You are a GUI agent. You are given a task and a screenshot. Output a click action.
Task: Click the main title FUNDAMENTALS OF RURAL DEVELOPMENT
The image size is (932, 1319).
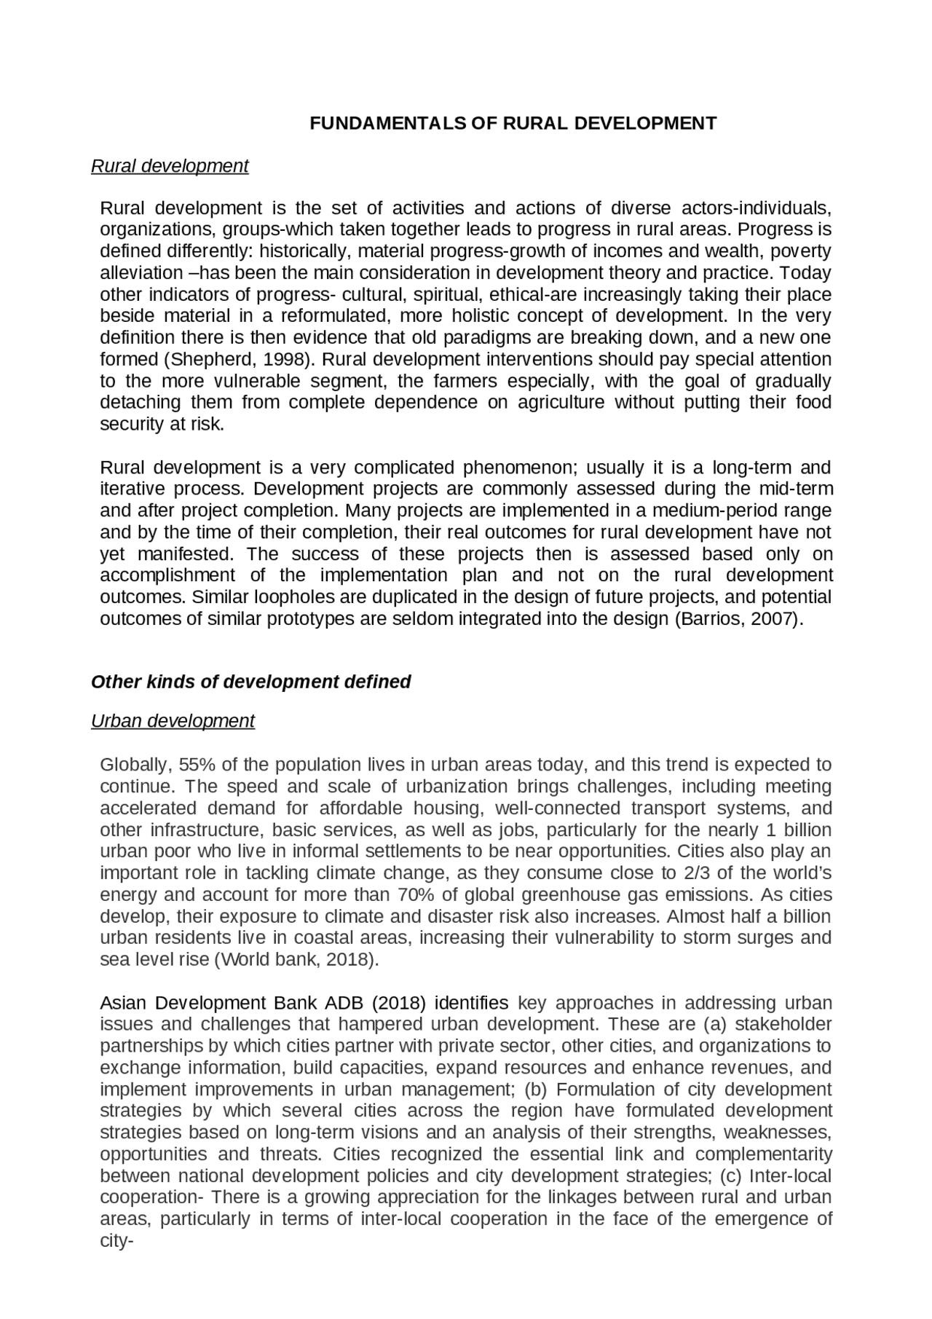(x=513, y=123)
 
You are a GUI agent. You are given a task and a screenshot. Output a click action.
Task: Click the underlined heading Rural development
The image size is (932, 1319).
(x=170, y=166)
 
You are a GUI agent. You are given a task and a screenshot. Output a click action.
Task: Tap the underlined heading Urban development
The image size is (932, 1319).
(x=173, y=721)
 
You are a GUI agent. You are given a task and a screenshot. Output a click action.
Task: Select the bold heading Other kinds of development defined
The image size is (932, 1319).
(x=250, y=682)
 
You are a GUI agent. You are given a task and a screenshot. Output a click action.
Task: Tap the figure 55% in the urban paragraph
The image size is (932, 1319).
(x=198, y=765)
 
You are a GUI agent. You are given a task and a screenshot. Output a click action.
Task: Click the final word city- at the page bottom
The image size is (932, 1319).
(x=116, y=1240)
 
